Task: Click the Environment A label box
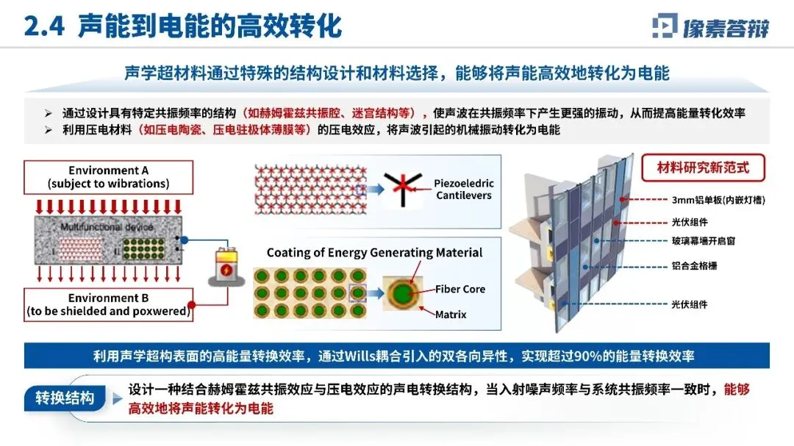point(107,177)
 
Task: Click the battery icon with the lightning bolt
point(224,267)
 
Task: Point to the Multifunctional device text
point(107,228)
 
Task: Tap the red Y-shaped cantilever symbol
point(401,189)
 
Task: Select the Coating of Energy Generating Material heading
point(374,253)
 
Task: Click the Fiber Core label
point(460,289)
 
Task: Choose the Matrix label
point(451,314)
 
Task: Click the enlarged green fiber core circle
point(401,293)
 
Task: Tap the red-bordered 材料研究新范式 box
point(703,168)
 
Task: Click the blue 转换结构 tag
point(65,398)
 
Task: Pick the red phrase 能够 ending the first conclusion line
point(737,389)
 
